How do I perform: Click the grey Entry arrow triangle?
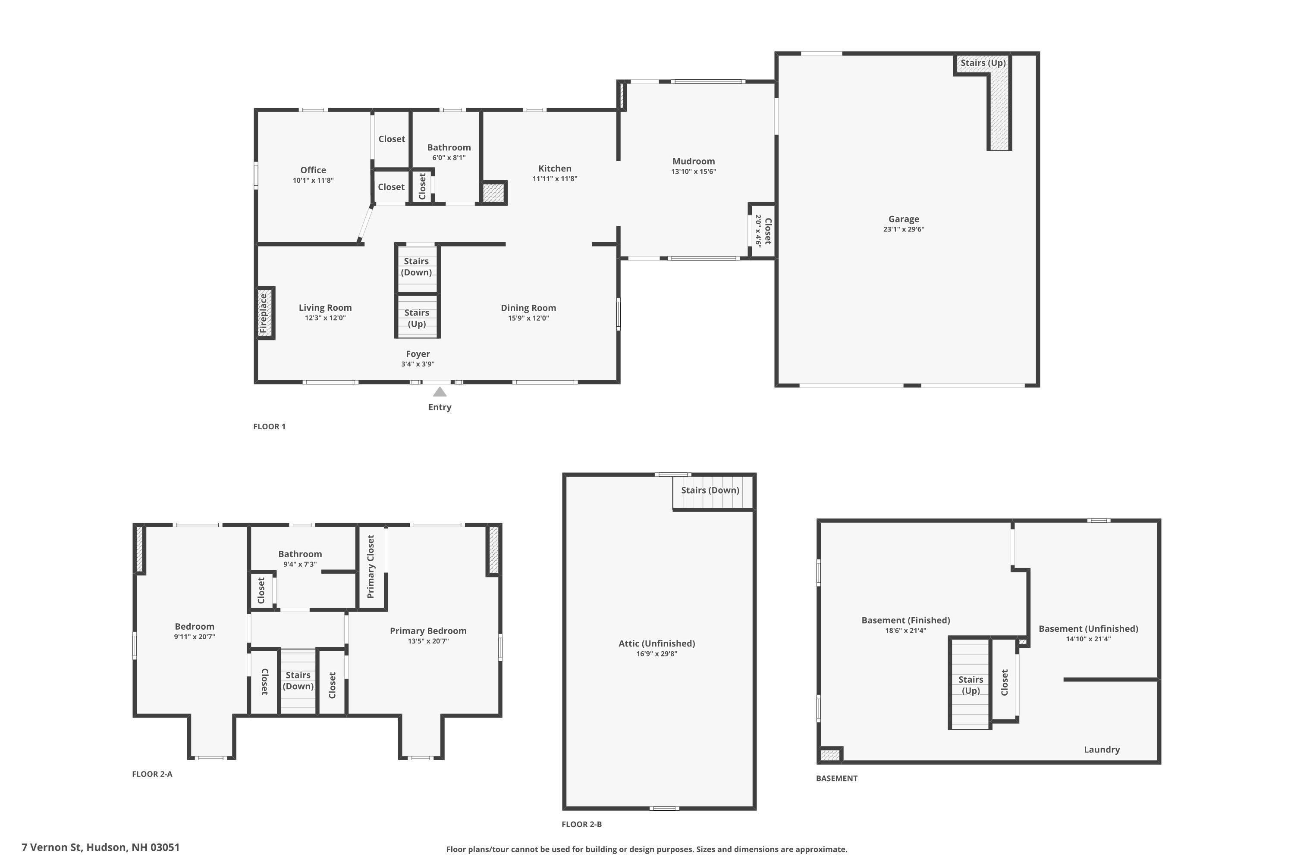point(439,392)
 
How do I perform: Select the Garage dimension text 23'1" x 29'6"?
point(903,229)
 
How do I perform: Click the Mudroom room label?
point(693,161)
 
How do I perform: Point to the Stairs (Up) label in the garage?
point(983,62)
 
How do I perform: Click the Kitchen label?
point(555,168)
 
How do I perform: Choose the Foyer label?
point(418,354)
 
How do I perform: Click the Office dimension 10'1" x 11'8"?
point(313,180)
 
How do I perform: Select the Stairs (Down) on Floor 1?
point(417,267)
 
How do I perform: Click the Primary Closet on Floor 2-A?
point(371,567)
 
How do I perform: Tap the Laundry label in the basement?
point(1102,750)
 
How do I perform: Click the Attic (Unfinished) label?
point(656,643)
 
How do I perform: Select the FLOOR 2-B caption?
point(581,824)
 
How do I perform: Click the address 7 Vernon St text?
point(101,847)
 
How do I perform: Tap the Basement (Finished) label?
point(905,620)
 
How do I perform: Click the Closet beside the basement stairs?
point(1004,682)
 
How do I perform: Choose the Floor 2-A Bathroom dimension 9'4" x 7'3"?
point(300,564)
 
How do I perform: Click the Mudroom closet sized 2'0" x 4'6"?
point(763,231)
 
